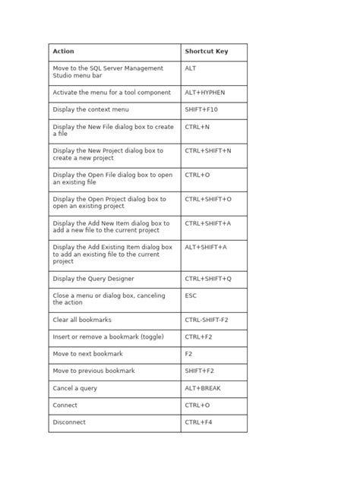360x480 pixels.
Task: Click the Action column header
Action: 64,52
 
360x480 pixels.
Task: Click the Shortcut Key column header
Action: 206,52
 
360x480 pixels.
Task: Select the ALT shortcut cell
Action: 191,68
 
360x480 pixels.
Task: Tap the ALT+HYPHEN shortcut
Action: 205,92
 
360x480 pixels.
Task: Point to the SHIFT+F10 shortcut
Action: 201,109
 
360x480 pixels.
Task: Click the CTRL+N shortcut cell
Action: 197,127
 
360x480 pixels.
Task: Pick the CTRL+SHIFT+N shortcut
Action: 207,151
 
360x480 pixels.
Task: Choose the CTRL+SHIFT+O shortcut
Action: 208,199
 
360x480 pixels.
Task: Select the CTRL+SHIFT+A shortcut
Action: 208,223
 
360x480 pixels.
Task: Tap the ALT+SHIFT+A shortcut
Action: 206,248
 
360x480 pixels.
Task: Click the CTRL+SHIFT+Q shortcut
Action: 208,279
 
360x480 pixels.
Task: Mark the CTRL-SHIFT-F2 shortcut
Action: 206,320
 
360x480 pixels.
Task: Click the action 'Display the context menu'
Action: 91,109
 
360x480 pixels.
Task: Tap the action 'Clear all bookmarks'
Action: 82,320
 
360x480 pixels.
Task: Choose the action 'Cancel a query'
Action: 74,388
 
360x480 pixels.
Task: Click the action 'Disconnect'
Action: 69,422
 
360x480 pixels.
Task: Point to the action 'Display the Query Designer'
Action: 96,279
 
